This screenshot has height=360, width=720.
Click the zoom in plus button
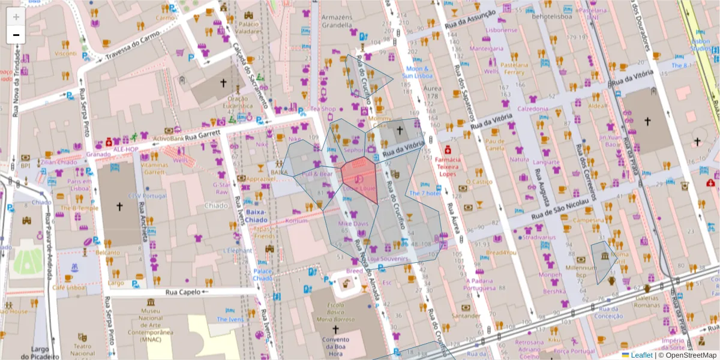pos(16,16)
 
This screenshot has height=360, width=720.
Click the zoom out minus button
pos(16,35)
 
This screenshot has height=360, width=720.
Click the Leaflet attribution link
pos(641,355)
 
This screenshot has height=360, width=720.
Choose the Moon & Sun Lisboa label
pos(418,73)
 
